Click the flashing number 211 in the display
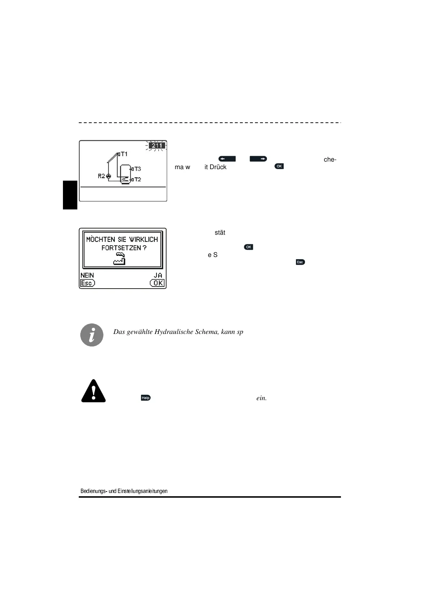[157, 146]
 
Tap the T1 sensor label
[124, 154]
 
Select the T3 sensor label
[137, 169]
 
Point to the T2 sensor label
[137, 179]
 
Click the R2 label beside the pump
[101, 176]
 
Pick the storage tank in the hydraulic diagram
[125, 174]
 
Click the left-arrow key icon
[227, 158]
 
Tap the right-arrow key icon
[259, 158]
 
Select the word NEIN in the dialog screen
[87, 275]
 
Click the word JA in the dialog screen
[158, 275]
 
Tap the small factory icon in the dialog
[119, 259]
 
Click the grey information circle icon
[92, 335]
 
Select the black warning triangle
[94, 391]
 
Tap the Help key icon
[146, 398]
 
